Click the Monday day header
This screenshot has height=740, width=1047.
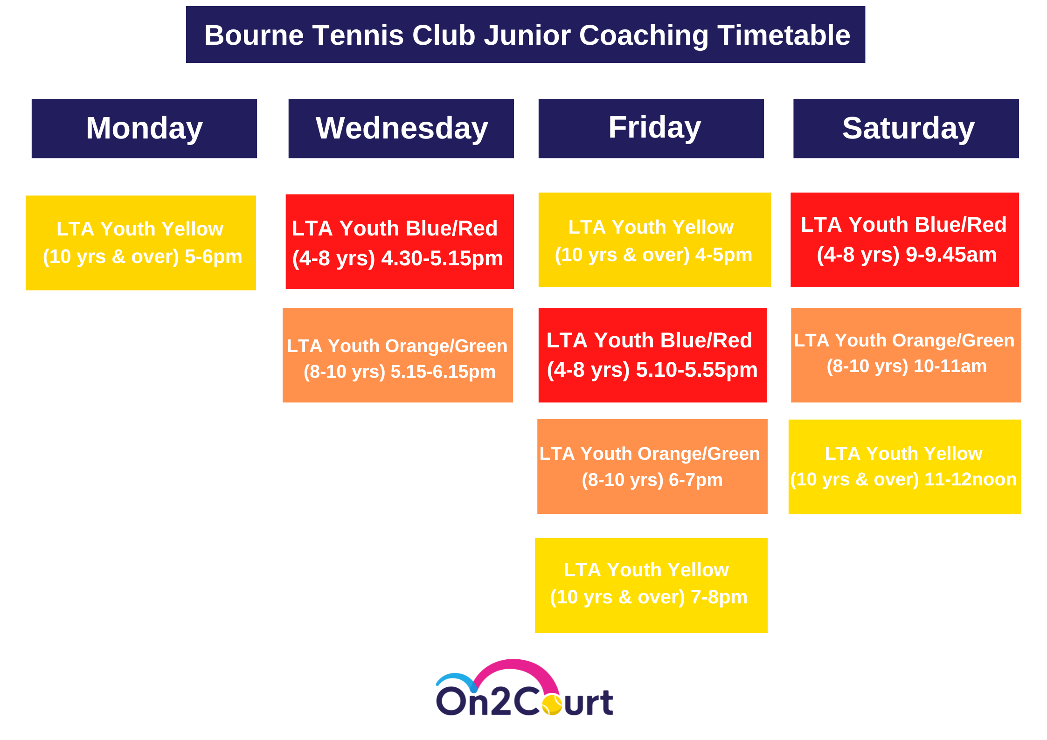coord(144,128)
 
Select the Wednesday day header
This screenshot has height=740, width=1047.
coord(401,128)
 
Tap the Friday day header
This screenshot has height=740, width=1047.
coord(651,128)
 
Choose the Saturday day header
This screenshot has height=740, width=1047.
coord(906,128)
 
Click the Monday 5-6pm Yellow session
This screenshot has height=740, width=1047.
coord(141,243)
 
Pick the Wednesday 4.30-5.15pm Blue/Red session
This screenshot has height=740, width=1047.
coord(400,242)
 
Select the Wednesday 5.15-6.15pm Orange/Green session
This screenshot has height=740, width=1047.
coord(398,355)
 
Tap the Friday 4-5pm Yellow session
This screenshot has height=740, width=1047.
coord(655,240)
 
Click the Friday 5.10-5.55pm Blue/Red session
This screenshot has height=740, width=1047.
coord(652,355)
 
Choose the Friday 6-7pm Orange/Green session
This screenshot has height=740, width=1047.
coord(652,466)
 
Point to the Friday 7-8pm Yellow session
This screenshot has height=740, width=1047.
coord(651,585)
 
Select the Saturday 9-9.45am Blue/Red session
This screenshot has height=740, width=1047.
coord(905,240)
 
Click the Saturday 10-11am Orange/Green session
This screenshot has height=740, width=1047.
coord(906,355)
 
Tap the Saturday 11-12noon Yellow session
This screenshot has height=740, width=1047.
coord(905,467)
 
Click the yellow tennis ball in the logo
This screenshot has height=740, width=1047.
coord(552,705)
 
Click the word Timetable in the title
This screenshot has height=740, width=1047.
coord(784,35)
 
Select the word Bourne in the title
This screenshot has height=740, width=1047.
coord(255,35)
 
